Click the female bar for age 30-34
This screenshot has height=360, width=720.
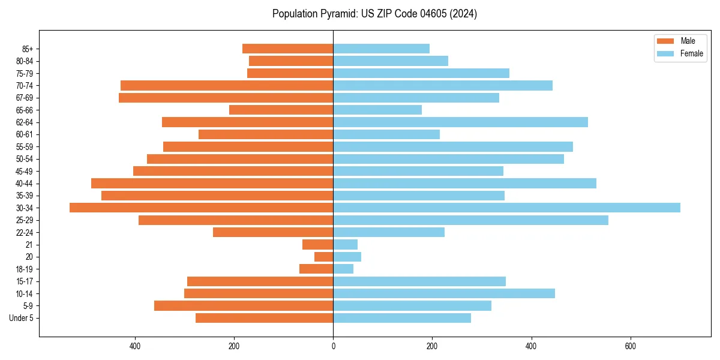point(506,208)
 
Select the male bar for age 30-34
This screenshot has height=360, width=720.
point(201,208)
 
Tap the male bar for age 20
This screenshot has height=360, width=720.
point(324,257)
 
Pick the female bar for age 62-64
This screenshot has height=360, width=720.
point(460,122)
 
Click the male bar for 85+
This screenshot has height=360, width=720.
point(287,49)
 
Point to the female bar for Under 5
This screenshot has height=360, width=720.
point(402,318)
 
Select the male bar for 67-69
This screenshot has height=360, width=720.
point(226,98)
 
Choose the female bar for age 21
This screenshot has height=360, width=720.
point(345,245)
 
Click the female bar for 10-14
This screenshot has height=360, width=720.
point(444,293)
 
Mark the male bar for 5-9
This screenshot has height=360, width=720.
point(244,306)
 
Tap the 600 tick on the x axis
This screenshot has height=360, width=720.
point(630,346)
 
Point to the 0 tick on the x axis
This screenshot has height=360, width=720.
point(333,346)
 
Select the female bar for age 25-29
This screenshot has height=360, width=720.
point(470,220)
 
